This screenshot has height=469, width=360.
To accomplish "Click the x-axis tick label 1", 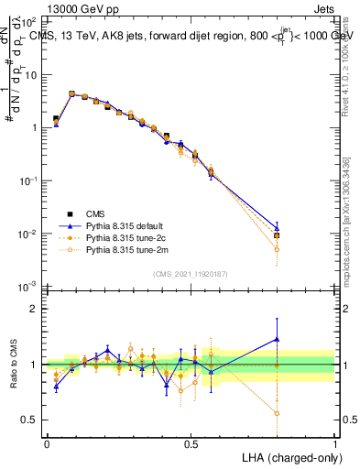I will (x=335, y=444).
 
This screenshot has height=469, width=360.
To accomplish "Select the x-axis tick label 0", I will (x=47, y=444).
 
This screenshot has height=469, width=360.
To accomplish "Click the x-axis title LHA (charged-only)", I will (x=289, y=457).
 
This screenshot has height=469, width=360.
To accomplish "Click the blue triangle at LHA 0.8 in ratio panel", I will (x=277, y=339).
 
